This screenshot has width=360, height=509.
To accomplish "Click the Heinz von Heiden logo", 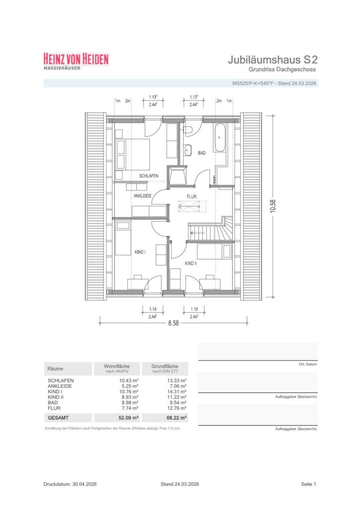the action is click(x=76, y=61).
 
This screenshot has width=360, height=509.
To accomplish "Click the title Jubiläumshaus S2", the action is click(x=272, y=60).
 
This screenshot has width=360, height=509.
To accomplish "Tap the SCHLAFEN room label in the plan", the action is click(x=149, y=176).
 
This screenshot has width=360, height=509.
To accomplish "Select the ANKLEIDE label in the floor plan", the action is click(x=143, y=196).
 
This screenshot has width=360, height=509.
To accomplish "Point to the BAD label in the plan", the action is click(x=201, y=153).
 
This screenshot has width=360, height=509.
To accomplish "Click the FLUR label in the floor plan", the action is click(x=191, y=197).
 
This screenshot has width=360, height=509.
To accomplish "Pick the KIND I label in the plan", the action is click(x=140, y=252).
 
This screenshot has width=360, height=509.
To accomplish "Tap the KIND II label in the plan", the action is click(x=190, y=263).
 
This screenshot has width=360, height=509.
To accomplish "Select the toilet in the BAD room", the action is click(x=187, y=130).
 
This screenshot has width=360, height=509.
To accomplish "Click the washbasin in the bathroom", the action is click(x=187, y=150).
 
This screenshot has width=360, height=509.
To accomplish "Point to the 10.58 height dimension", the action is click(x=272, y=206).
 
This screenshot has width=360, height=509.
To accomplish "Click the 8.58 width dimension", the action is click(x=174, y=323).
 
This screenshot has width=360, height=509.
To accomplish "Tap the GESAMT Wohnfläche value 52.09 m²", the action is click(x=129, y=418).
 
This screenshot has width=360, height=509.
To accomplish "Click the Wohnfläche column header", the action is click(x=116, y=368).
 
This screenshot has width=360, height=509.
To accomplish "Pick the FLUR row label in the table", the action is click(x=54, y=408).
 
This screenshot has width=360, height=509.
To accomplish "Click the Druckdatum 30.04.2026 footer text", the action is click(x=70, y=484).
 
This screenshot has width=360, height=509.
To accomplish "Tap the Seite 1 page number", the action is click(x=308, y=484).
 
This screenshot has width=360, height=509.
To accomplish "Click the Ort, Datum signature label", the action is click(x=308, y=364).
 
